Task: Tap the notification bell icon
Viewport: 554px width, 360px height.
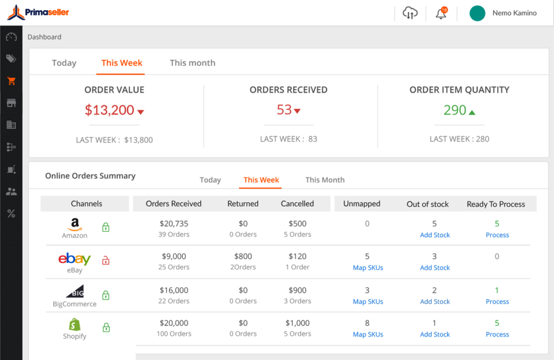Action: point(441,14)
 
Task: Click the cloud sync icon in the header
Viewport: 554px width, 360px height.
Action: point(410,14)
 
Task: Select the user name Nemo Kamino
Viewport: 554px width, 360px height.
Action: point(514,13)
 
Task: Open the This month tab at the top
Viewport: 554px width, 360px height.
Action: point(192,63)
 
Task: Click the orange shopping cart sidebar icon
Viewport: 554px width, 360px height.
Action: point(11,81)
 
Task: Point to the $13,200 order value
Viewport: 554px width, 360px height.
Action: point(109,110)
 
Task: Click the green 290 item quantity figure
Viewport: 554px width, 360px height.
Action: point(454,110)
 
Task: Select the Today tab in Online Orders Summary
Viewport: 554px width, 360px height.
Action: point(210,180)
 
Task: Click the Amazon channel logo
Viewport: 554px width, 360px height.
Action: point(75,224)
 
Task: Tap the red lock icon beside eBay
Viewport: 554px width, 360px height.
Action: point(106,261)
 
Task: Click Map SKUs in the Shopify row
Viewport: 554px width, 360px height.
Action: point(368,335)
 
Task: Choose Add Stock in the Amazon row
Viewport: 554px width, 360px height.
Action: point(435,235)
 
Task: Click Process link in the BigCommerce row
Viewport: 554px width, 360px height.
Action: point(497,302)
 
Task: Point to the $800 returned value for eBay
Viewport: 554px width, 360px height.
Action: point(243,257)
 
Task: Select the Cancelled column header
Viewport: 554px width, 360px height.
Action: point(297,204)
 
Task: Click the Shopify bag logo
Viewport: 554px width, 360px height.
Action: point(75,324)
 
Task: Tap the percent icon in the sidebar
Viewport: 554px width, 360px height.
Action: point(11,214)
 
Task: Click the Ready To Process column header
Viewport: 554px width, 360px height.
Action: point(496,204)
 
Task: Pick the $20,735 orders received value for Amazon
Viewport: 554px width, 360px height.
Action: point(174,224)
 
